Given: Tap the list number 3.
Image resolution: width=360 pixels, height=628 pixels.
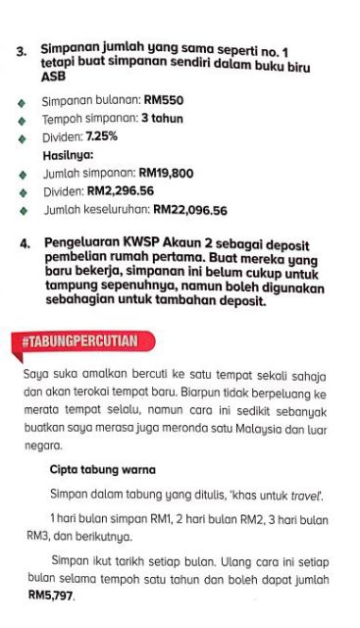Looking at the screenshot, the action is tap(21, 47).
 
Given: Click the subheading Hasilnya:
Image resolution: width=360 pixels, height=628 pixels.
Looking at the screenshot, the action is tap(67, 155).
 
